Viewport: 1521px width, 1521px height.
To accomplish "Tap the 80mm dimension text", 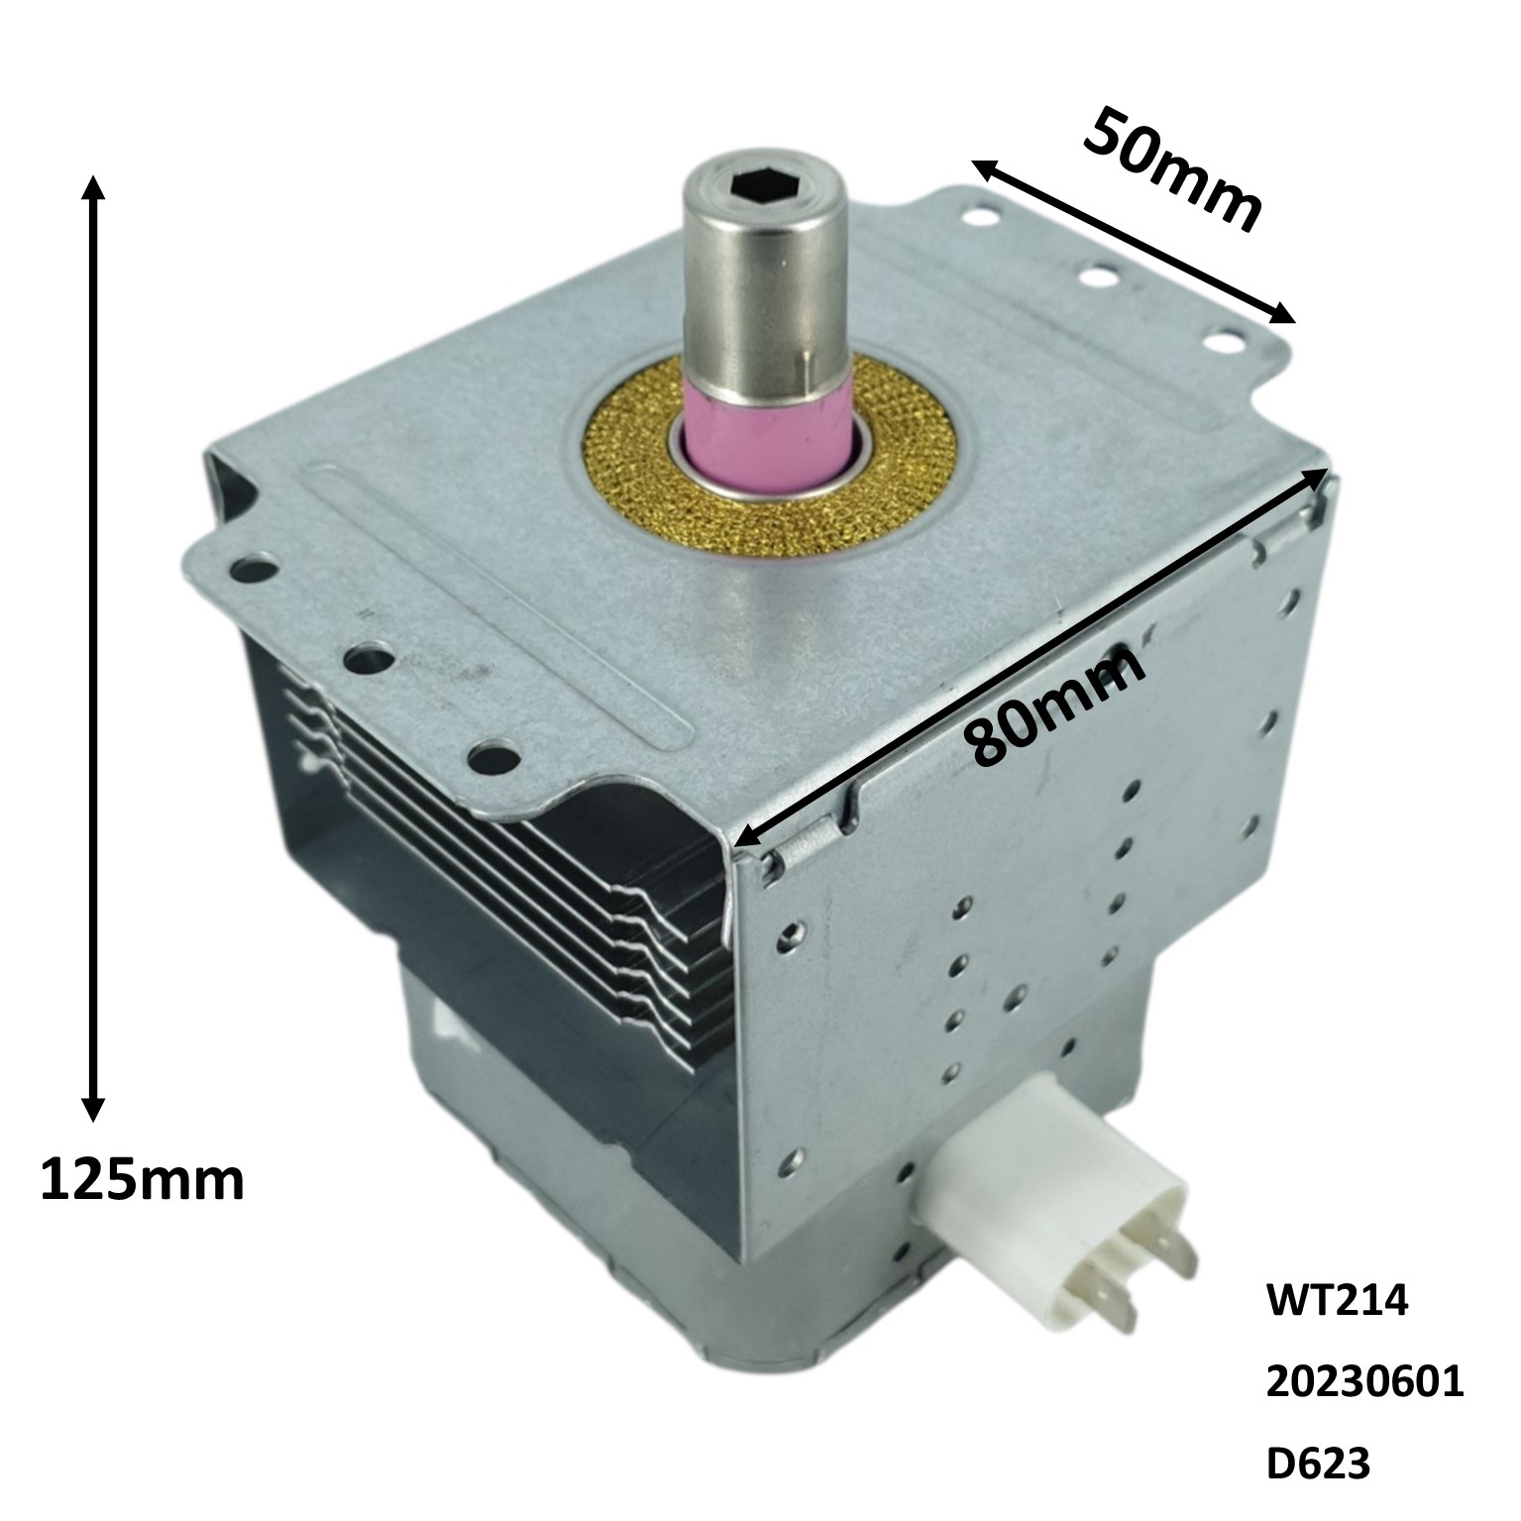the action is point(1056,706).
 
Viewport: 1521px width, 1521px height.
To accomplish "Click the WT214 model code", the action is point(1337,1302).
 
